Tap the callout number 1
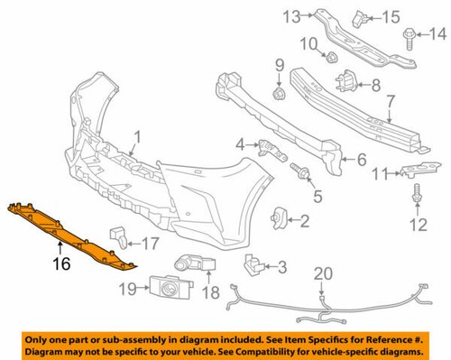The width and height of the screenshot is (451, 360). pyautogui.click(x=138, y=137)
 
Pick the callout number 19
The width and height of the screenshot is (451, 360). pyautogui.click(x=129, y=289)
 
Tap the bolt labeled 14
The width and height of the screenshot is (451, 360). pyautogui.click(x=409, y=36)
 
